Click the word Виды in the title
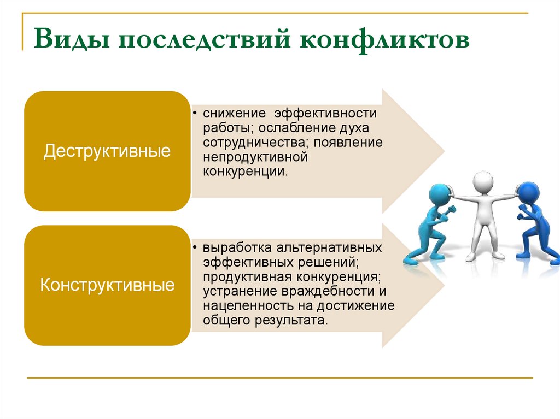pyautogui.click(x=69, y=41)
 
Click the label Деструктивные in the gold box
pyautogui.click(x=107, y=151)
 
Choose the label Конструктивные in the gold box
pyautogui.click(x=108, y=285)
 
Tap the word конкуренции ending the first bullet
pyautogui.click(x=244, y=171)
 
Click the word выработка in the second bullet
pyautogui.click(x=233, y=247)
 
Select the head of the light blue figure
pyautogui.click(x=437, y=193)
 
